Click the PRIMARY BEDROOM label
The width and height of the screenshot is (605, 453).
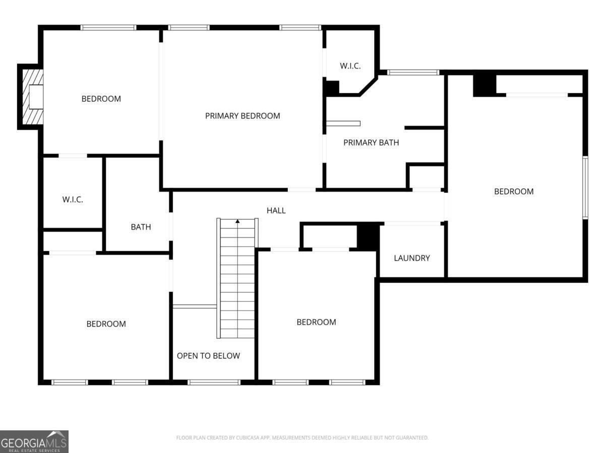point(243,116)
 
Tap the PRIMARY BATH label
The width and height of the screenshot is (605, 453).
point(371,142)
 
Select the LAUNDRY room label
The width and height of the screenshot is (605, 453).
point(412,258)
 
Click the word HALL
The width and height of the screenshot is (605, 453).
point(276,210)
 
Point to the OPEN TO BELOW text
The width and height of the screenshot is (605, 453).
point(208,356)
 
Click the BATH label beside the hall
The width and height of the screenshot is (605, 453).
point(141,227)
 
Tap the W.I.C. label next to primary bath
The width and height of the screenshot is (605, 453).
point(350,66)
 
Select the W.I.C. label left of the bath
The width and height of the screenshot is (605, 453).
point(73,199)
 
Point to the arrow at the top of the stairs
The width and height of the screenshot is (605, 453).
point(237,221)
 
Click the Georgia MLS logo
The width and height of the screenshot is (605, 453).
point(34,441)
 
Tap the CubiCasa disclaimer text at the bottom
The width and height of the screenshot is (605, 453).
point(302,438)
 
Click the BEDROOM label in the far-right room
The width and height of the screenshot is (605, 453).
point(514,191)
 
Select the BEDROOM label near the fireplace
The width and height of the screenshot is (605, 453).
point(101,99)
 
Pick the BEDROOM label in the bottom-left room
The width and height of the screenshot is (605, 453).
point(106,324)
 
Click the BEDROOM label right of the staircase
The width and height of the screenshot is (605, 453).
point(316,322)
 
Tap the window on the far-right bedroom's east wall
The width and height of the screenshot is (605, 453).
point(585,188)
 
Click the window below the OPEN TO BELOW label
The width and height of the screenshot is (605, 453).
point(214,383)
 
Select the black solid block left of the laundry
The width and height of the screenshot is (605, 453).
point(368,236)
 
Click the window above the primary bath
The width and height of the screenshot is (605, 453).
point(413,72)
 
